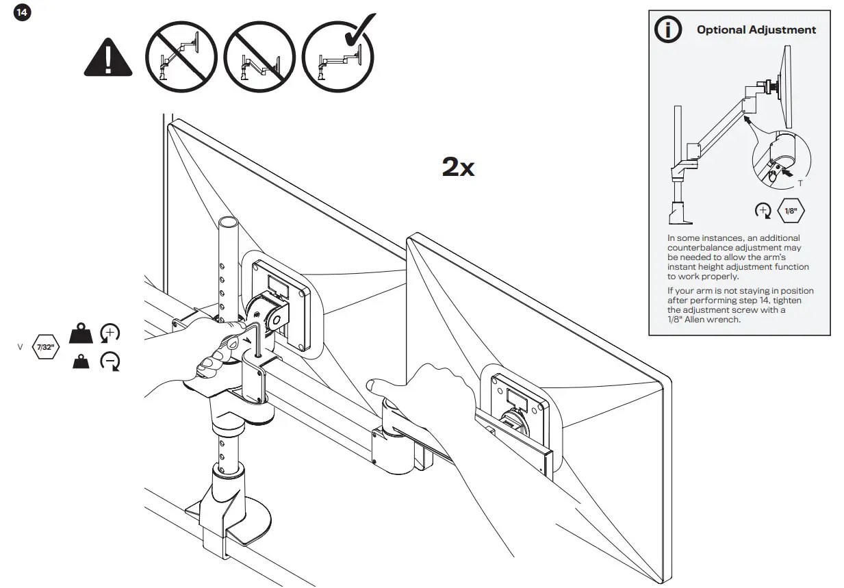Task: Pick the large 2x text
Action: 458,166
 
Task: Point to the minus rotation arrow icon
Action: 110,361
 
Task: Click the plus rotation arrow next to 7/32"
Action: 110,333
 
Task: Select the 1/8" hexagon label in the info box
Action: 790,210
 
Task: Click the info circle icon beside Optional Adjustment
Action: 668,29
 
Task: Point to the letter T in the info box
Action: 800,184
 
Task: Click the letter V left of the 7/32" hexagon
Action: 20,347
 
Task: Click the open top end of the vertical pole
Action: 229,222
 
